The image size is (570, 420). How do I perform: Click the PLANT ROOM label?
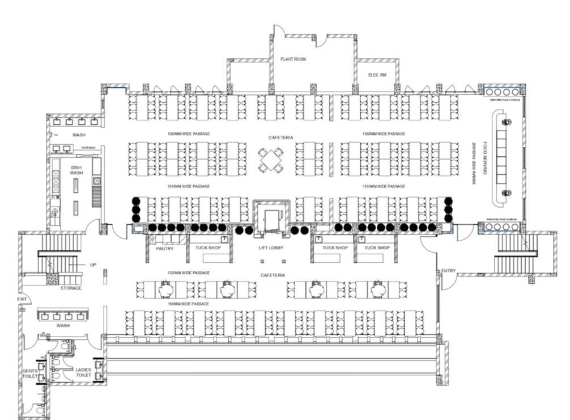click(x=293, y=59)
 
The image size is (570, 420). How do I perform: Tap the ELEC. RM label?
click(x=377, y=75)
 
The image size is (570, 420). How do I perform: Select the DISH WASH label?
click(x=76, y=170)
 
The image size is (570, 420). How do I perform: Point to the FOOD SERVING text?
click(x=486, y=158)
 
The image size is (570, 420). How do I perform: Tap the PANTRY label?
click(x=164, y=248)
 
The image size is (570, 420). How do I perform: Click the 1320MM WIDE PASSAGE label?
click(x=189, y=273)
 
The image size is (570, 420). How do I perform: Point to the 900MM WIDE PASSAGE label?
click(x=189, y=304)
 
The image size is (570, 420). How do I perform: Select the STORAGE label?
click(x=71, y=288)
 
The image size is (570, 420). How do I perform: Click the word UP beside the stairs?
click(x=92, y=265)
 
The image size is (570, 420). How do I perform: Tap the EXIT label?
click(x=22, y=299)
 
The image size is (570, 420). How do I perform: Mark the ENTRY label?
click(x=448, y=271)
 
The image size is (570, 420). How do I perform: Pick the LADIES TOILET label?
click(x=83, y=372)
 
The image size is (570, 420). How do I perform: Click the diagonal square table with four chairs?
click(x=272, y=160)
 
